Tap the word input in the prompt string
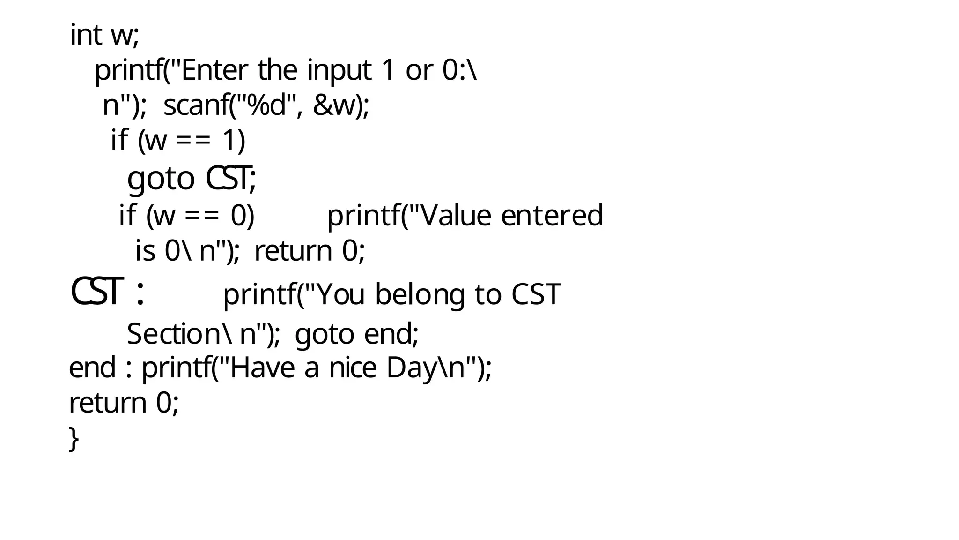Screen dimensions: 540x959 click(339, 71)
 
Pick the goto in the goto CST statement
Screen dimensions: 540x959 click(161, 179)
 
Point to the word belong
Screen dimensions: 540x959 click(420, 295)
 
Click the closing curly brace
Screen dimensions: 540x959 click(74, 439)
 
